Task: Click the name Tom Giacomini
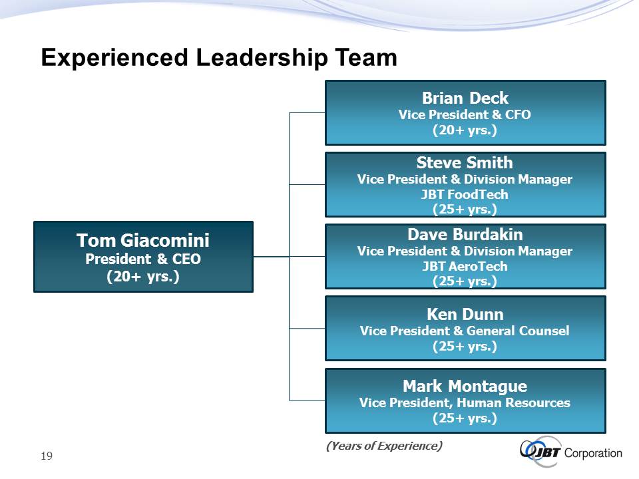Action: tap(143, 240)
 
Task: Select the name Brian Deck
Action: tap(465, 98)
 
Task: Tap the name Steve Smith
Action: tap(465, 162)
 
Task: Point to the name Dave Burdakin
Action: tap(465, 234)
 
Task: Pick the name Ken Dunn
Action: tap(465, 314)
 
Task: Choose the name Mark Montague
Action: tap(465, 386)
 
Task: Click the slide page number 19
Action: tap(47, 456)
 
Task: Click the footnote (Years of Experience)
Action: tap(384, 446)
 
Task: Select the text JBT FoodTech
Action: tap(465, 194)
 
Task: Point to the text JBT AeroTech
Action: tap(465, 266)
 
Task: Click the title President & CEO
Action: tap(143, 259)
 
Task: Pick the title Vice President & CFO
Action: tap(465, 114)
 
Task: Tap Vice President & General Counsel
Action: tap(465, 331)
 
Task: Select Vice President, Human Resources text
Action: tap(465, 402)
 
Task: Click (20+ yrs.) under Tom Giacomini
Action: tap(143, 277)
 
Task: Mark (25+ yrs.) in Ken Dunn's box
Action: tap(465, 346)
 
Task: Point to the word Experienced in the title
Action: tap(114, 57)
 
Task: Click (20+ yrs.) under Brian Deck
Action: tap(465, 130)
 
